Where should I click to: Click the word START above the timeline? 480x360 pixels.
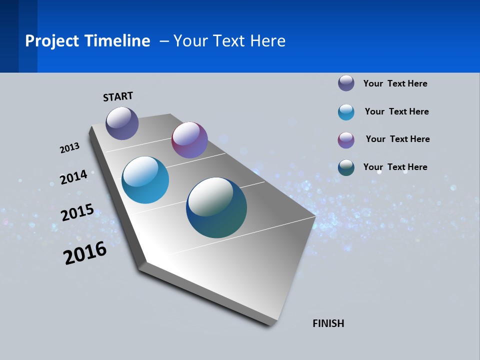[118, 96]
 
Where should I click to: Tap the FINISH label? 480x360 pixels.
[328, 323]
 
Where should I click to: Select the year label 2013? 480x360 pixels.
[69, 148]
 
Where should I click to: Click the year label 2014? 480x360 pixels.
[73, 177]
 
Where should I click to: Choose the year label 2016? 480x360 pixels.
[85, 253]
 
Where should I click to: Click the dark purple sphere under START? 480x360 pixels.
[122, 123]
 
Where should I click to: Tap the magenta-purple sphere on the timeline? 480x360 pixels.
[189, 140]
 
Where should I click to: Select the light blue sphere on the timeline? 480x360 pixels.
[145, 180]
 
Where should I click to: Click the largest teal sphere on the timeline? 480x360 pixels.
[216, 207]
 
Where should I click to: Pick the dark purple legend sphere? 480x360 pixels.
[346, 83]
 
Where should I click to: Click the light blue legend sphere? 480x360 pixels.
[346, 112]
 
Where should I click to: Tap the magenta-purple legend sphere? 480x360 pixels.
[346, 140]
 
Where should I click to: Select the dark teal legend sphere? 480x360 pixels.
[346, 167]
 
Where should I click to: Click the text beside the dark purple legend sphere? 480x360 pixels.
[395, 83]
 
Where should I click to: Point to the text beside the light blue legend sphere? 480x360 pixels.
[396, 111]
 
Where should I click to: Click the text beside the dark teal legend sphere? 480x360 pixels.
[395, 167]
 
